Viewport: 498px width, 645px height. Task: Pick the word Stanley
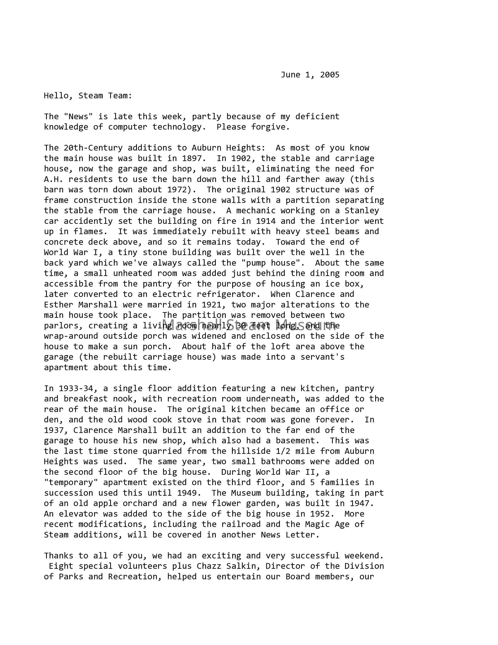click(362, 211)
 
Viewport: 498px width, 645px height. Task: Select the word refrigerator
click(229, 294)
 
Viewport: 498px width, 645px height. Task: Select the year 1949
click(187, 493)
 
